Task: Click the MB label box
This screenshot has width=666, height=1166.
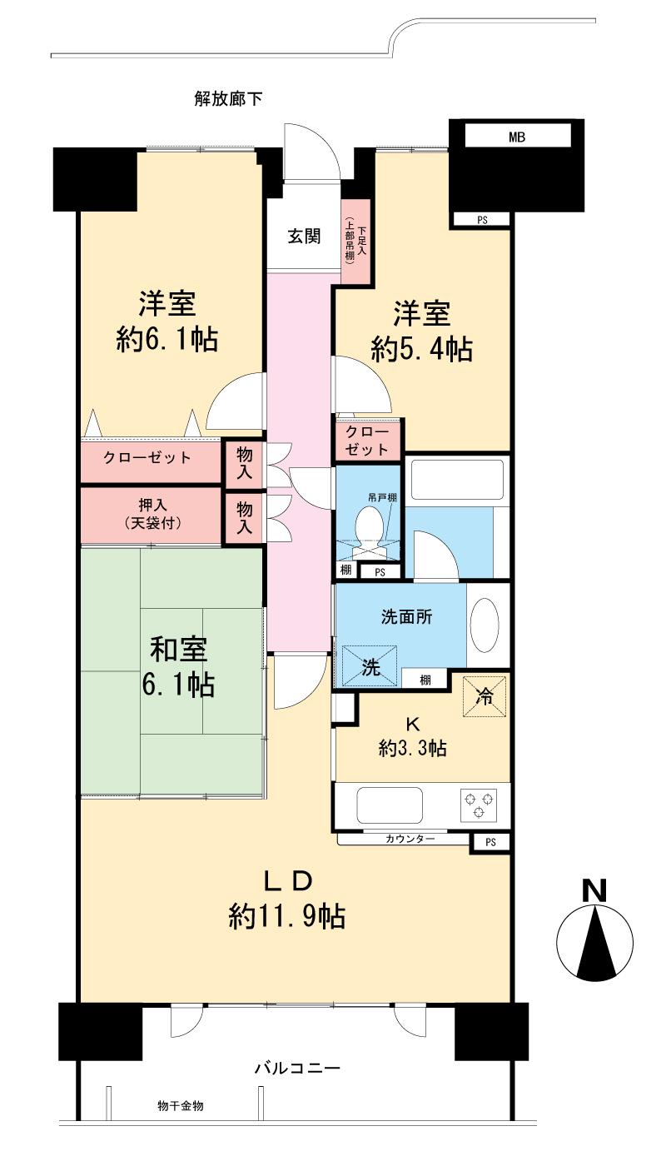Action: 517,136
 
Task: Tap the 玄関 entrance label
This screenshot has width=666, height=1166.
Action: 305,237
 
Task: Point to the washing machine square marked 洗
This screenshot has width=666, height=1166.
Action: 370,665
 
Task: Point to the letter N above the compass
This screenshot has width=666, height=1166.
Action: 594,890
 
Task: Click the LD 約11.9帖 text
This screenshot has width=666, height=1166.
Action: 287,899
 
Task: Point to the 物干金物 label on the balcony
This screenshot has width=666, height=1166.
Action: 181,1106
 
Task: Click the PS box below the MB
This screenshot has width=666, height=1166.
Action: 482,220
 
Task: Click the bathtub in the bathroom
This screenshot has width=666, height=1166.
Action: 456,481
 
